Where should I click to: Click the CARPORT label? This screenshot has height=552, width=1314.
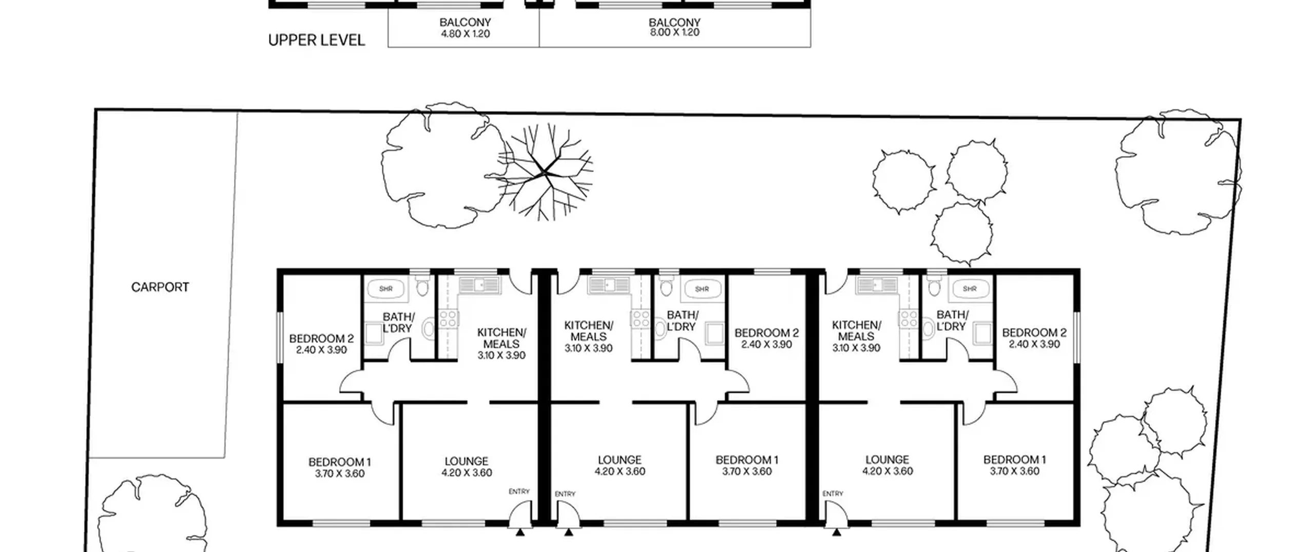tap(160, 287)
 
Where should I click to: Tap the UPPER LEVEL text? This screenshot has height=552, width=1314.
tap(316, 40)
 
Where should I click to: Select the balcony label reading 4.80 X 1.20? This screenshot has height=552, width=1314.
tap(465, 34)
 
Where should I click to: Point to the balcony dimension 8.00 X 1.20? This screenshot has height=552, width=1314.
tap(674, 32)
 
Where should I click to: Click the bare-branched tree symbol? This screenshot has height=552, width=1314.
tap(545, 172)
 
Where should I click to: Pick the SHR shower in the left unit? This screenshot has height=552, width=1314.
tap(386, 289)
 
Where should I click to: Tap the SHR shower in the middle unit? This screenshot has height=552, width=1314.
tap(702, 289)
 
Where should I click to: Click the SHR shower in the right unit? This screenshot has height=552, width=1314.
tap(970, 289)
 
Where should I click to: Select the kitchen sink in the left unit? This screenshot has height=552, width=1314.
tap(479, 285)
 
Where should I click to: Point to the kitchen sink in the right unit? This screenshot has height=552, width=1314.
tap(876, 285)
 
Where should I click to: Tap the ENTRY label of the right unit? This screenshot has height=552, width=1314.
tap(833, 493)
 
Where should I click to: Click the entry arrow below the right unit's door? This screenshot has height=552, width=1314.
tap(837, 532)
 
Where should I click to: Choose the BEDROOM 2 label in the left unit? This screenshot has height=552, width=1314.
tap(321, 344)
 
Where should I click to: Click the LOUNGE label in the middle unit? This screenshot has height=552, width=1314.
tap(620, 465)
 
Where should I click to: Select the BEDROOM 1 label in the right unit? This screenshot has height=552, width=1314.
tap(1014, 465)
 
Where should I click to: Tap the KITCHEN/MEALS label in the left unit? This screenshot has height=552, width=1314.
tap(501, 344)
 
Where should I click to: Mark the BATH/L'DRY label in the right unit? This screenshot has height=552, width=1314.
tap(952, 320)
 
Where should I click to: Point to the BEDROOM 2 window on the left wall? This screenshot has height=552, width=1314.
tap(280, 338)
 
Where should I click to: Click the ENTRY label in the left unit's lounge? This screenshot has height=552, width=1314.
tap(519, 491)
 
